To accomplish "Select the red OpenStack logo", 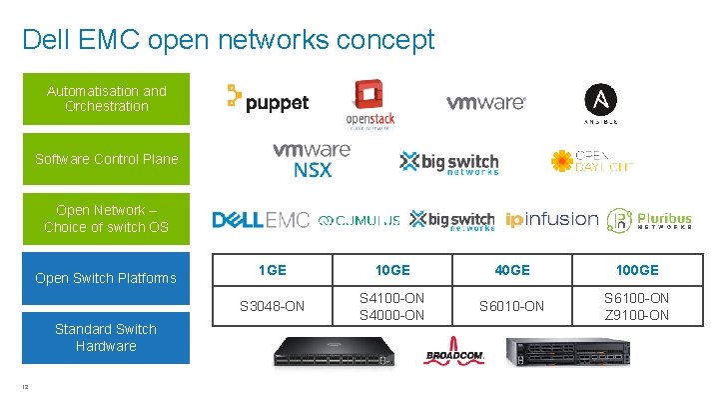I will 369,103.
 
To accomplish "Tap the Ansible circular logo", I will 600,103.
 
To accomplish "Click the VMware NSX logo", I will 313,159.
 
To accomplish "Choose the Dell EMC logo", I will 261,220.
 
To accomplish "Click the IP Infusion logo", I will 551,220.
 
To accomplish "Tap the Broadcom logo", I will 453,355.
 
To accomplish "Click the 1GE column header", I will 273,270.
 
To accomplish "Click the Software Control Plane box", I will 106,159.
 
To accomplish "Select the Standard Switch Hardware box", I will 106,337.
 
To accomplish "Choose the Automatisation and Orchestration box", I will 106,98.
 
